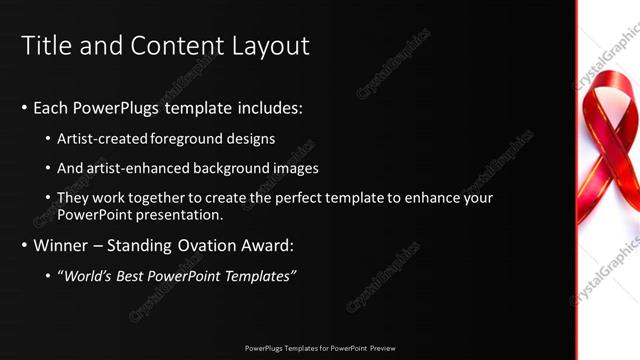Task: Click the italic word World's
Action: coord(84,275)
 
